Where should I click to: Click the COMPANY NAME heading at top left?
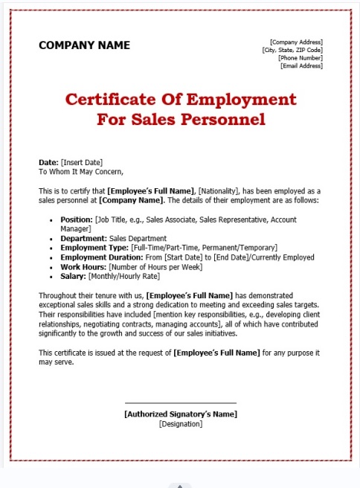pyautogui.click(x=84, y=45)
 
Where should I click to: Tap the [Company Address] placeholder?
pyautogui.click(x=296, y=42)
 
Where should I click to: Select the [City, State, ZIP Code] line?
pyautogui.click(x=292, y=50)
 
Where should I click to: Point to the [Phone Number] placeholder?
pyautogui.click(x=300, y=58)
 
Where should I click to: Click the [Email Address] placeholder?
pyautogui.click(x=301, y=66)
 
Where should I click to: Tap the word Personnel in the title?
pyautogui.click(x=222, y=118)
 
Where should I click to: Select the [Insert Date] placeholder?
pyautogui.click(x=81, y=162)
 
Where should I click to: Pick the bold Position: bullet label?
pyautogui.click(x=77, y=220)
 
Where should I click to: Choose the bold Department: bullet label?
pyautogui.click(x=83, y=239)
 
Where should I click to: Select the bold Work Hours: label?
pyautogui.click(x=83, y=266)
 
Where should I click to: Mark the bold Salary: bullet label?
pyautogui.click(x=73, y=276)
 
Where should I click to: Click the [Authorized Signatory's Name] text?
pyautogui.click(x=181, y=414)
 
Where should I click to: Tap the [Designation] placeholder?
pyautogui.click(x=181, y=423)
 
